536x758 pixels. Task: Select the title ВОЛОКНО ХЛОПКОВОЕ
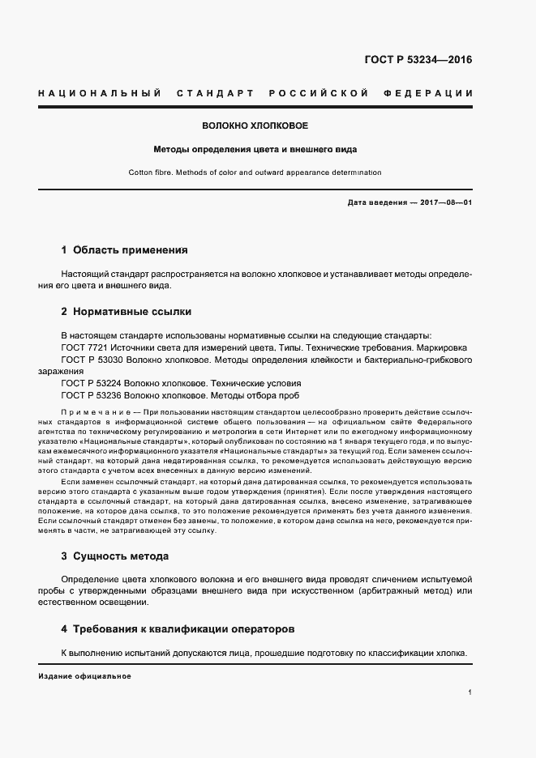pyautogui.click(x=255, y=126)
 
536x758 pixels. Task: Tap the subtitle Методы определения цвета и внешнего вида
pyautogui.click(x=255, y=150)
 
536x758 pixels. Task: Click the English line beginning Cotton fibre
pyautogui.click(x=255, y=172)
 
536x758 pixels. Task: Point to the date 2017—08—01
pyautogui.click(x=446, y=202)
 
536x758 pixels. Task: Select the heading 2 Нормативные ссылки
pyautogui.click(x=126, y=311)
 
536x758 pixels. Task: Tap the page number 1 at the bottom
pyautogui.click(x=470, y=692)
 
